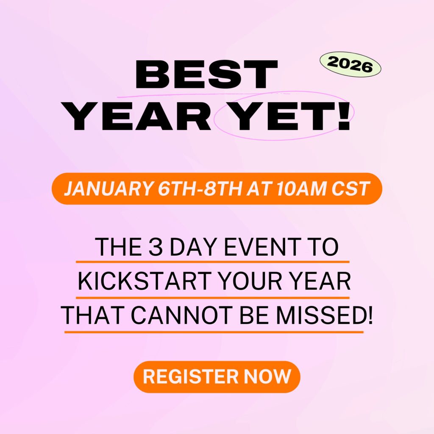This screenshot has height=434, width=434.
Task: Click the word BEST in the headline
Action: click(x=206, y=75)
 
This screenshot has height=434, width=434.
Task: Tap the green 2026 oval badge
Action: click(x=350, y=65)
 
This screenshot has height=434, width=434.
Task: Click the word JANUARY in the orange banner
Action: click(x=100, y=189)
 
